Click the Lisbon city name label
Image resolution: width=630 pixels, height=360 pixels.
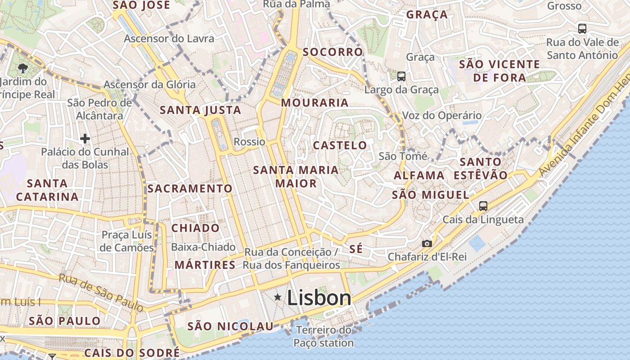pos(319,298)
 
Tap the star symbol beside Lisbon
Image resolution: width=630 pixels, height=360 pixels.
pos(278,297)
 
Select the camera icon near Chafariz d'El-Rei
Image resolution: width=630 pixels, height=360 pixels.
pos(427,243)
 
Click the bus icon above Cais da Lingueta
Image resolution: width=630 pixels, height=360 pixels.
pos(483,206)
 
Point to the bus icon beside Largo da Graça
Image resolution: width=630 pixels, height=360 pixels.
pos(401,76)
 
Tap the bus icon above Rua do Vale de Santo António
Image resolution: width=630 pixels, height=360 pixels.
pos(582,29)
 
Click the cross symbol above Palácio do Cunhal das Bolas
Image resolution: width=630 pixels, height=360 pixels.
pos(85,139)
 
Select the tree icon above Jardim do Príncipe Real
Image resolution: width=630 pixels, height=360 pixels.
pos(22,68)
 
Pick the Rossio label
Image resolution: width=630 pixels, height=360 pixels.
pos(249,142)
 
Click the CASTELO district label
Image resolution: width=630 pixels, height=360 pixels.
pos(340,145)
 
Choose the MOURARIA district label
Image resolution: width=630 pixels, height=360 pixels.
pos(315,103)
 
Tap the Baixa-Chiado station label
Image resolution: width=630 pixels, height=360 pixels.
pos(203,247)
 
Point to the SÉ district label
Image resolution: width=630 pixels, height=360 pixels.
pos(356,249)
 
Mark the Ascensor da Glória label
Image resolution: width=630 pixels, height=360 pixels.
pos(149,85)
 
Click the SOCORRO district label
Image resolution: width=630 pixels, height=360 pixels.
pos(333,52)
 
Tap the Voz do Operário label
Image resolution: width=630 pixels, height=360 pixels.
pos(441,116)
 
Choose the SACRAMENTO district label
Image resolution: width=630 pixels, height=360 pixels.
pos(190,189)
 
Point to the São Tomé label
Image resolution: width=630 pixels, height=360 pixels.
pos(403,156)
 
